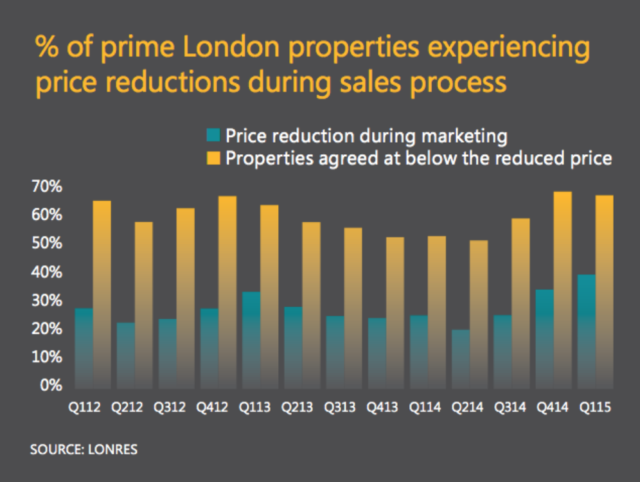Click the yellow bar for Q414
[x=562, y=289]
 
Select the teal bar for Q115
[x=586, y=331]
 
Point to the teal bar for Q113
[x=251, y=340]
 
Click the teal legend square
[x=213, y=136]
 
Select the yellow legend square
[x=213, y=158]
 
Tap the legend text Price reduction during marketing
[x=366, y=136]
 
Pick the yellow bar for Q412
[x=227, y=292]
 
